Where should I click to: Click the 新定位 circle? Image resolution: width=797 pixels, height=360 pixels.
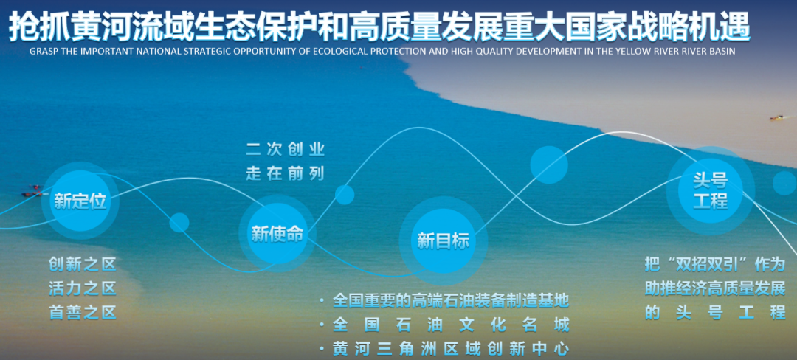click(80, 201)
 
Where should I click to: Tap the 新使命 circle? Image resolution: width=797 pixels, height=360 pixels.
click(277, 234)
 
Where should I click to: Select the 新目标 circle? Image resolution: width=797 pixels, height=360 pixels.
click(443, 240)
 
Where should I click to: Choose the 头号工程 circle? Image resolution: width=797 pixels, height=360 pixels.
click(710, 190)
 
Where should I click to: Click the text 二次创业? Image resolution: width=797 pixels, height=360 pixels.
click(285, 150)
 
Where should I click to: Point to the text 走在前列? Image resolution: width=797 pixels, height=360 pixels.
click(285, 173)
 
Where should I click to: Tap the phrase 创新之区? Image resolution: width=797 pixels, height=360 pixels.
click(83, 264)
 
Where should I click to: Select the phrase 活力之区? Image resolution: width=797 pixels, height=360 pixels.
click(83, 288)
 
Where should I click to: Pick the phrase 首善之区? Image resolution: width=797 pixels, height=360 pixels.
click(83, 312)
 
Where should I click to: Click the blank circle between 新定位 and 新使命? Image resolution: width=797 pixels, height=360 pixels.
click(179, 222)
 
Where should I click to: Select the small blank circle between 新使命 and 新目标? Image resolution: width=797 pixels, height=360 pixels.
click(345, 195)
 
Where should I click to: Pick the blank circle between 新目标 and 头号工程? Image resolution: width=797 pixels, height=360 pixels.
click(549, 165)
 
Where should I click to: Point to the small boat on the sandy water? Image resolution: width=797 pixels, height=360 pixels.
click(776, 118)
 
